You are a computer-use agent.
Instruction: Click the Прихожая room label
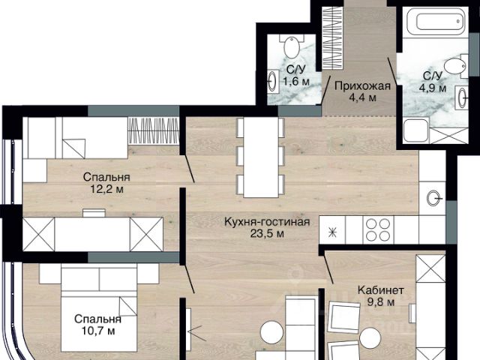point(362,86)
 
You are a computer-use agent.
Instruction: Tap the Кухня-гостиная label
point(267,222)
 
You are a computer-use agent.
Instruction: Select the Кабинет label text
point(381,289)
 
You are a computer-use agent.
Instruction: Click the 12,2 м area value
point(106,189)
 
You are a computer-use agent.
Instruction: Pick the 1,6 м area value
point(296,82)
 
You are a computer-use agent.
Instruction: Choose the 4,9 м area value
point(433,88)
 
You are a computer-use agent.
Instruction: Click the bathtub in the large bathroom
point(435,21)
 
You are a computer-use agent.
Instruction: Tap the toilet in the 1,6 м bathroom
point(292,46)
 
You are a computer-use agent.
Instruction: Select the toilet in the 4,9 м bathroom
point(456,65)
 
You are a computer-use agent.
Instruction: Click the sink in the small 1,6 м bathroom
point(273,81)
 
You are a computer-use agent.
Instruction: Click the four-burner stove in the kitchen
point(378,229)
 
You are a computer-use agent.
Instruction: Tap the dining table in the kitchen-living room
point(261,157)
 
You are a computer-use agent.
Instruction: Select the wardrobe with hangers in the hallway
point(332,38)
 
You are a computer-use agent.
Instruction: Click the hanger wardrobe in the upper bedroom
point(153,130)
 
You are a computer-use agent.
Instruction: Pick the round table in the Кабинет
point(370,337)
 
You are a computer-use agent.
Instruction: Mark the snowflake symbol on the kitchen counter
point(332,233)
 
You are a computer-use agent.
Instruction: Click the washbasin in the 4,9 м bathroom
point(462,97)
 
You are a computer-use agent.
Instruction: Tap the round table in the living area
point(271,332)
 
